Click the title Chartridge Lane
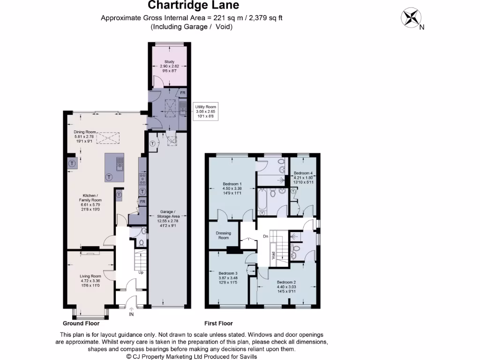coord(193,6)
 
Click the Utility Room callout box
coord(206,111)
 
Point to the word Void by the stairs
coord(273,256)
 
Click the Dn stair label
coord(265,236)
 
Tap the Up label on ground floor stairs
coord(141,272)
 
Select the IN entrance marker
coord(131,315)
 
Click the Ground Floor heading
coord(81,323)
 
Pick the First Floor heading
coord(218,323)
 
